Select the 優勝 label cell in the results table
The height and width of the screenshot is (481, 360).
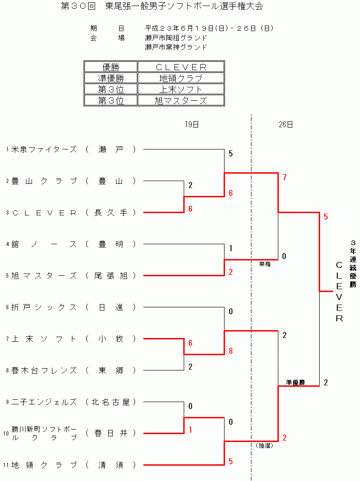(x=111, y=67)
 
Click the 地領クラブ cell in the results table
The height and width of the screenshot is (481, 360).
(x=180, y=78)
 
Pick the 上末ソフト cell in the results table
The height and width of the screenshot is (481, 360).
(x=180, y=89)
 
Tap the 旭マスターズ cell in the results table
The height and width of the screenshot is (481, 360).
(x=180, y=100)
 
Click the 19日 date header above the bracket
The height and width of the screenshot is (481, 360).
(x=192, y=124)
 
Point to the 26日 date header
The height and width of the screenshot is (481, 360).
(x=286, y=124)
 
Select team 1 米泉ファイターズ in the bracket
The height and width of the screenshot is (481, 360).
(x=44, y=149)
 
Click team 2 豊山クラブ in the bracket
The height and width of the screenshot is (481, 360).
(x=44, y=181)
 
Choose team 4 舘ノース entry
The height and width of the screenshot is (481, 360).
(x=44, y=244)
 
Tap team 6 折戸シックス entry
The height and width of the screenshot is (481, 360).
(x=44, y=307)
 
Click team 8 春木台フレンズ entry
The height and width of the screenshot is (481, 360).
(x=44, y=370)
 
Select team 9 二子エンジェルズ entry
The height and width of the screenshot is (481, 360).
(x=44, y=402)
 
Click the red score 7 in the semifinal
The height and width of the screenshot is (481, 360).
(x=284, y=177)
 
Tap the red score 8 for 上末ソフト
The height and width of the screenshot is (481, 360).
(x=231, y=351)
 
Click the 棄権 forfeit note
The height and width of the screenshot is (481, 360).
(x=265, y=264)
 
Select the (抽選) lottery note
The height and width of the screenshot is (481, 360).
(x=264, y=445)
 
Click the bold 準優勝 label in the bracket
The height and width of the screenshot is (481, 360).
(x=296, y=383)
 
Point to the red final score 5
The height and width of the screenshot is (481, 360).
(x=326, y=217)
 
